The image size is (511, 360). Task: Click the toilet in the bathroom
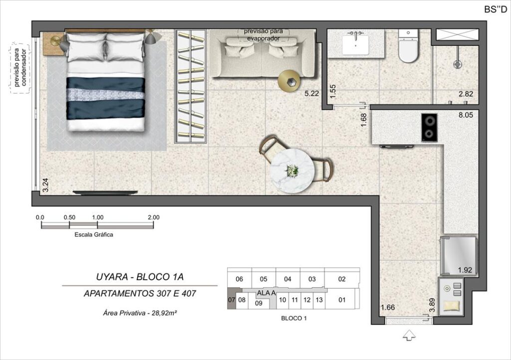pos(408,46)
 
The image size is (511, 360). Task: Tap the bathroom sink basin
pos(355,45)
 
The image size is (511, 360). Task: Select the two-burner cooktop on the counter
pos(429,127)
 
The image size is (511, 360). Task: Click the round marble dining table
pos(292,171)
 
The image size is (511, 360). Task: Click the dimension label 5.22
pos(311,94)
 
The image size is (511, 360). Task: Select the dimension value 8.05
pos(466,115)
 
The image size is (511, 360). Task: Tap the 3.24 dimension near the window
pos(45,184)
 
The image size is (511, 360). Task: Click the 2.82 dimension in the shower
pos(466,94)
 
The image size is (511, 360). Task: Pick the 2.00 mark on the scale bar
pos(154,217)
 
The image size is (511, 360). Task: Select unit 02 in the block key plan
pos(341,279)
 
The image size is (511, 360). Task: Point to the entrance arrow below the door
pos(409,336)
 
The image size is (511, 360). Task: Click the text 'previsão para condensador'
pos(19,68)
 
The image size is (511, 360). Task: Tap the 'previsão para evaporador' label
pos(263,35)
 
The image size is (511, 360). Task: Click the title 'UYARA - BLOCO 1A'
pos(140,277)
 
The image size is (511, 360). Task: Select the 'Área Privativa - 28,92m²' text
pos(140,313)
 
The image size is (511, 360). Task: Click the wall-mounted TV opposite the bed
pos(105,192)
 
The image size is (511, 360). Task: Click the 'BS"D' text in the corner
pos(496,9)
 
